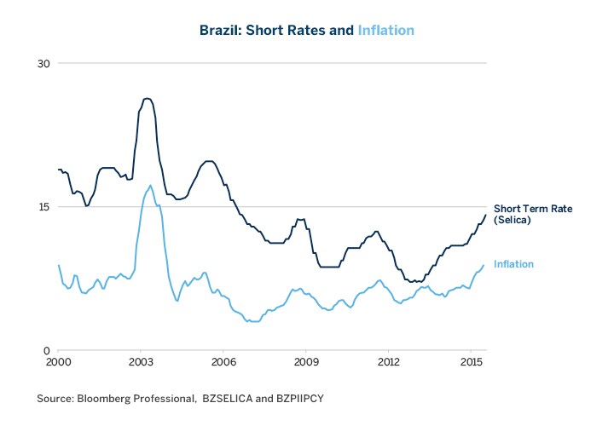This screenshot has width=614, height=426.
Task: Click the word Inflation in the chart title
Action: point(385,31)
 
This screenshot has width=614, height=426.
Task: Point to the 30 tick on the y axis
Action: point(44,64)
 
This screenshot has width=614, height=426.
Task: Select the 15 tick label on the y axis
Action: point(44,207)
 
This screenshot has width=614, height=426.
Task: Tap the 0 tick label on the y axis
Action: point(48,350)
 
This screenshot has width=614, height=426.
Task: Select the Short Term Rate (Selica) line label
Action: point(533,215)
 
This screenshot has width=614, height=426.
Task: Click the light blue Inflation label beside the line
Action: point(513,264)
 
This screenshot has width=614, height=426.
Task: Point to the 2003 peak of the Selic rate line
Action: point(147,99)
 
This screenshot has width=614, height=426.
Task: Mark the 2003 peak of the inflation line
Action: point(150,185)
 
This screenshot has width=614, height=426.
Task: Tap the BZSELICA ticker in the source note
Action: point(228,399)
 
